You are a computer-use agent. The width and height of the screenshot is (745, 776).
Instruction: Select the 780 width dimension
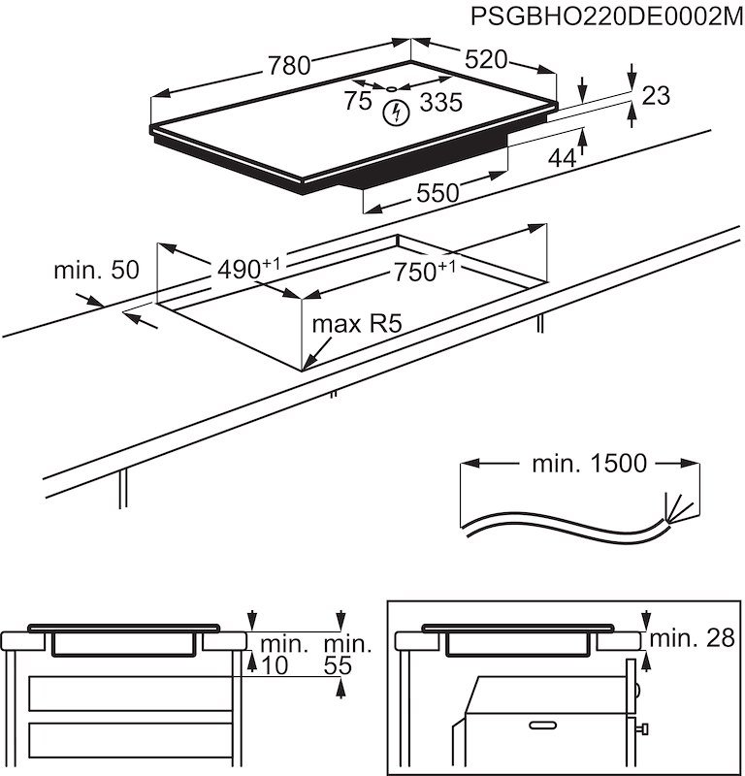(x=288, y=66)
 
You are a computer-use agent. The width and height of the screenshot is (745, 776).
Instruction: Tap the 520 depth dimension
(x=486, y=60)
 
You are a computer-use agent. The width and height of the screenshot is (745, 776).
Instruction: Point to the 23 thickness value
(x=657, y=95)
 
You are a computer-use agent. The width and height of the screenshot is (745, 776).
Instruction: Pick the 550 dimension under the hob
(x=437, y=192)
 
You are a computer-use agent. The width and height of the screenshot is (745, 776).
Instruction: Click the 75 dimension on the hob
(x=357, y=101)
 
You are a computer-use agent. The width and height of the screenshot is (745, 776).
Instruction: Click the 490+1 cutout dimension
(x=243, y=268)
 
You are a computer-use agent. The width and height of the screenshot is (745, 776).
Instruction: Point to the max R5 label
(x=356, y=324)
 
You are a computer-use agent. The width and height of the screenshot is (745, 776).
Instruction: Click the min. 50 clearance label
(x=97, y=271)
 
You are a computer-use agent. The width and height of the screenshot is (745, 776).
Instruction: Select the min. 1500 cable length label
(x=588, y=464)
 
